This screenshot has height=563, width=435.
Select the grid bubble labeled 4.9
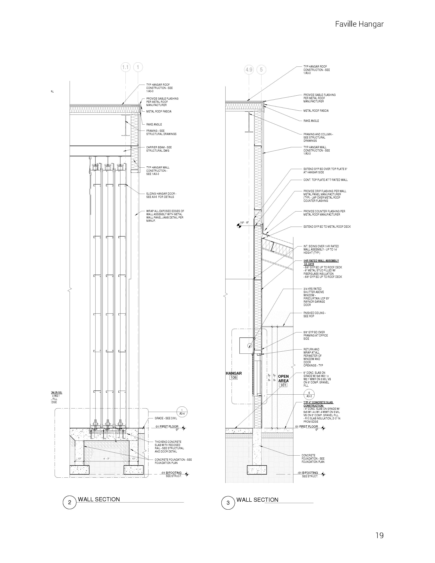click(x=249, y=70)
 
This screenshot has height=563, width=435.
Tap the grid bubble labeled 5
click(x=261, y=70)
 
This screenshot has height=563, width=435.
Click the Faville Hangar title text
click(x=359, y=24)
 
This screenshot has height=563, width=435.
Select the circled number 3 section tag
click(x=228, y=503)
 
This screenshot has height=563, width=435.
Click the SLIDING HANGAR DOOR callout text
click(x=161, y=195)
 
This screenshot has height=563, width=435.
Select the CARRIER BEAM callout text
click(x=159, y=149)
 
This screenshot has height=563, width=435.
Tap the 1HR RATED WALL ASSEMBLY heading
click(x=321, y=261)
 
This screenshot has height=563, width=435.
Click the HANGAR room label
click(x=234, y=373)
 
